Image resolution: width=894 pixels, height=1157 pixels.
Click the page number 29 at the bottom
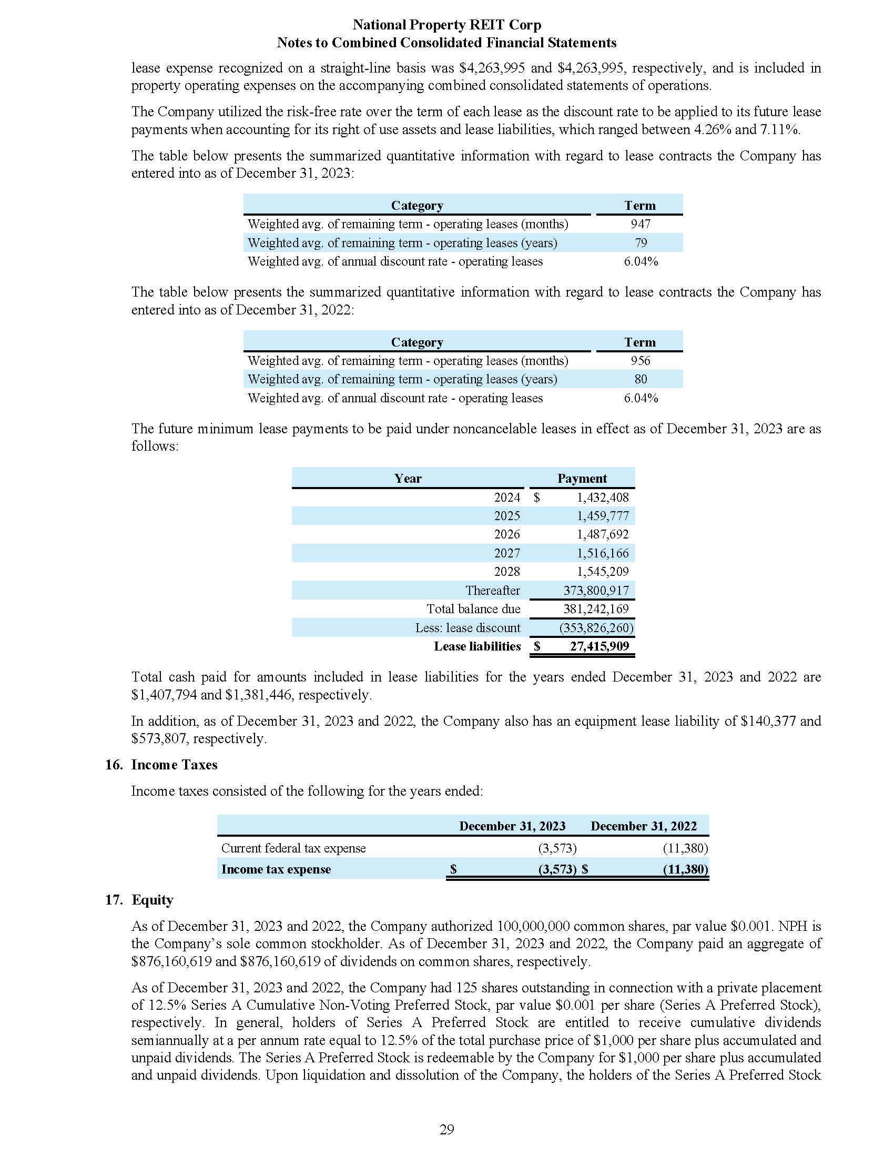(446, 1129)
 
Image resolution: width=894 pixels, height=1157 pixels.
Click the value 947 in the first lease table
(640, 224)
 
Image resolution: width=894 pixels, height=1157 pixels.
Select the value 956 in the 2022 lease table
(640, 361)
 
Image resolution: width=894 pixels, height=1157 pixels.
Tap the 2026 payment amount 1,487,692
(603, 534)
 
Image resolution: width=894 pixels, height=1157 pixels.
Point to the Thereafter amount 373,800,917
(596, 590)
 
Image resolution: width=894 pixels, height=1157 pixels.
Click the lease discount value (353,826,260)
(596, 628)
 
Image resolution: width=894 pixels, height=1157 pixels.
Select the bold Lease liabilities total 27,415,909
(599, 646)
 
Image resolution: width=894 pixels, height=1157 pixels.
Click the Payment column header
(582, 479)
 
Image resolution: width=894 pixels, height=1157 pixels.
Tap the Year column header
(407, 479)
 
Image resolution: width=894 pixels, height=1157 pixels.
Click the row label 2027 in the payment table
(507, 553)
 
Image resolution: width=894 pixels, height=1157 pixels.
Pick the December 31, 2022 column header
(644, 826)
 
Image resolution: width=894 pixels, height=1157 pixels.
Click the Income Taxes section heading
(174, 765)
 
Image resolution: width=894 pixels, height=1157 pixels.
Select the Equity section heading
(153, 899)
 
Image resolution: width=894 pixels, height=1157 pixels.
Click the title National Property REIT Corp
(446, 25)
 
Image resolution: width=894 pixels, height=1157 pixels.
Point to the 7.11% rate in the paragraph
(780, 130)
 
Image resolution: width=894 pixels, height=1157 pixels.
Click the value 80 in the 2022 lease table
(641, 379)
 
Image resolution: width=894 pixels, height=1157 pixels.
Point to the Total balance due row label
(473, 609)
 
